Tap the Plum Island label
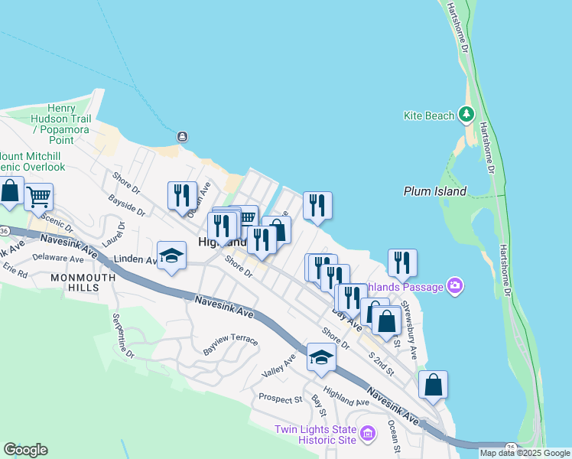point(434,191)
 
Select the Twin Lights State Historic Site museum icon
point(368,435)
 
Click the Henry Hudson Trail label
point(61,119)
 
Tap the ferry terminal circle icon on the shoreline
point(182,136)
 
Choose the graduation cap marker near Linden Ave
point(172,256)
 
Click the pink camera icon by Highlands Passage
point(456,285)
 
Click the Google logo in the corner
point(25,450)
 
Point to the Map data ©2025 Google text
point(525,453)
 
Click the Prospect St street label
point(281,398)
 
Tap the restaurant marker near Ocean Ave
point(182,195)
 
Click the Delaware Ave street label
point(58,259)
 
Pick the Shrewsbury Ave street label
point(409,330)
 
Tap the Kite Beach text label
point(429,116)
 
